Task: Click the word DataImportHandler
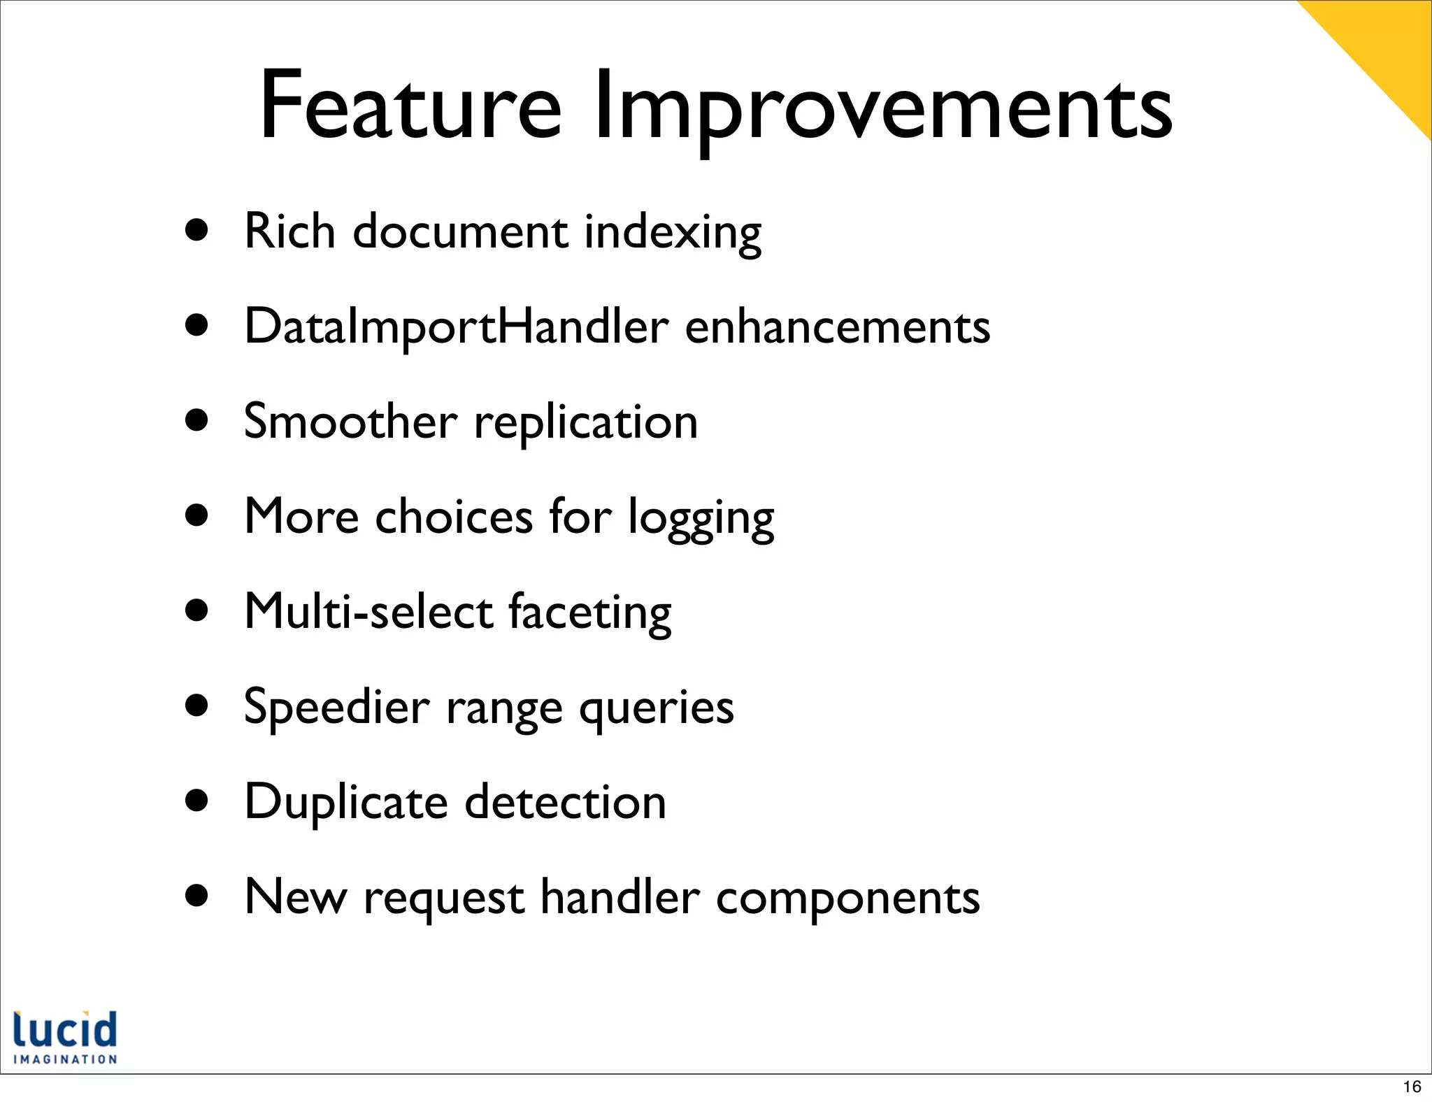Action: [x=456, y=327]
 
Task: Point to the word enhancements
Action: [x=837, y=327]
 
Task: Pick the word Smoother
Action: [x=350, y=421]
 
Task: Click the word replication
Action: [x=585, y=424]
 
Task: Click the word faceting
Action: [x=589, y=614]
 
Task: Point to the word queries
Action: [x=656, y=708]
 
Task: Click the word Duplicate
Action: [x=346, y=802]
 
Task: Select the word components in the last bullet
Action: [x=847, y=897]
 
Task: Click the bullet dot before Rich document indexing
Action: [x=197, y=231]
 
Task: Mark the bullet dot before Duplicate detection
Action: [x=197, y=801]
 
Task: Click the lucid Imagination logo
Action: [x=65, y=1037]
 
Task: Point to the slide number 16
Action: [x=1412, y=1086]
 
